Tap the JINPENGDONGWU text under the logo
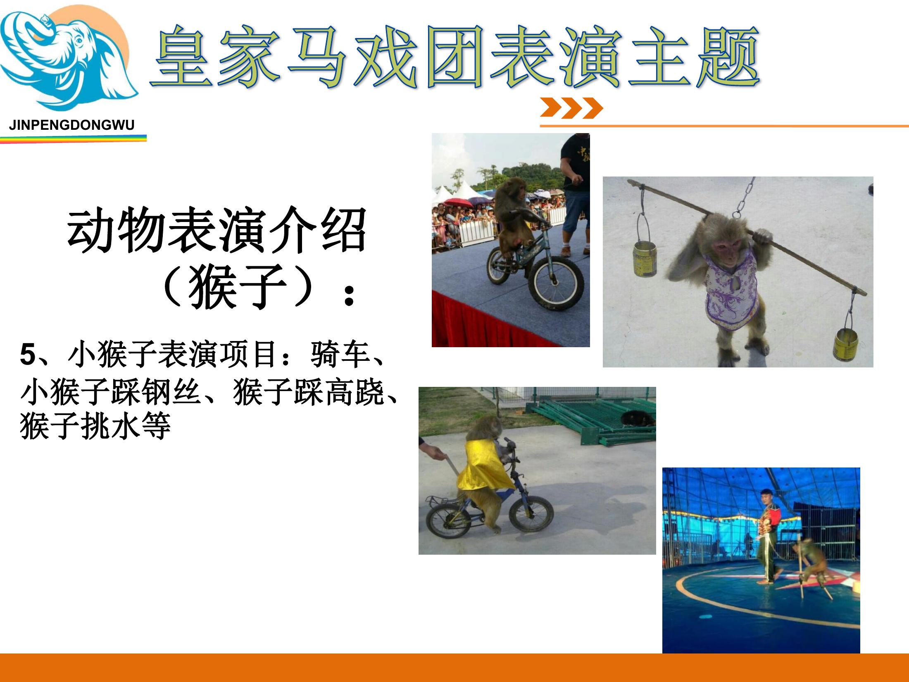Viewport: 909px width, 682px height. [72, 125]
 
